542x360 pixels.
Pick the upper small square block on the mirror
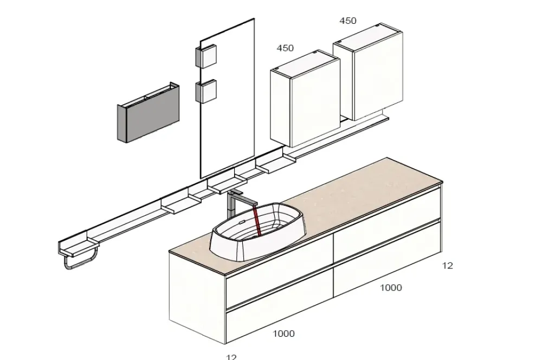click(x=206, y=56)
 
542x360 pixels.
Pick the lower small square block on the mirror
click(x=206, y=91)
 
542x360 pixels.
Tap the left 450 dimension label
click(x=285, y=48)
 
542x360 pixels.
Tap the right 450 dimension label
click(x=348, y=21)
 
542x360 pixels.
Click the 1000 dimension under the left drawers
click(x=283, y=334)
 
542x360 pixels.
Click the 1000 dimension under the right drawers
click(x=390, y=288)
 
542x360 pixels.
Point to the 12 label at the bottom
click(x=231, y=357)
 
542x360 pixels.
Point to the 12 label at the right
click(x=447, y=266)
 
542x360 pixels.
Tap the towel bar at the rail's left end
click(x=80, y=264)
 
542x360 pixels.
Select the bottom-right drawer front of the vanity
click(x=388, y=260)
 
